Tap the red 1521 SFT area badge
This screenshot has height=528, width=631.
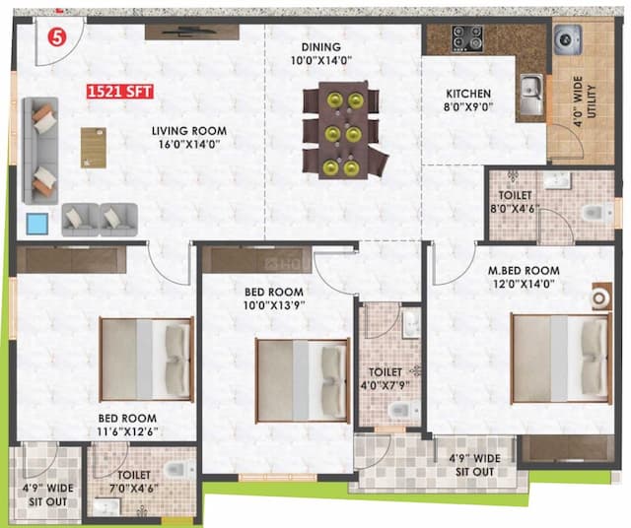(119, 94)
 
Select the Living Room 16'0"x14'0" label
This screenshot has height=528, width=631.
(188, 137)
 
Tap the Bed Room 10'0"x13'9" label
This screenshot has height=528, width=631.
(272, 298)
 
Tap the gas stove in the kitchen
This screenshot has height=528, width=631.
(466, 38)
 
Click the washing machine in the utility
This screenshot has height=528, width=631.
(568, 39)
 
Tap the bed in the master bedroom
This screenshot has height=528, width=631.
(560, 358)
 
